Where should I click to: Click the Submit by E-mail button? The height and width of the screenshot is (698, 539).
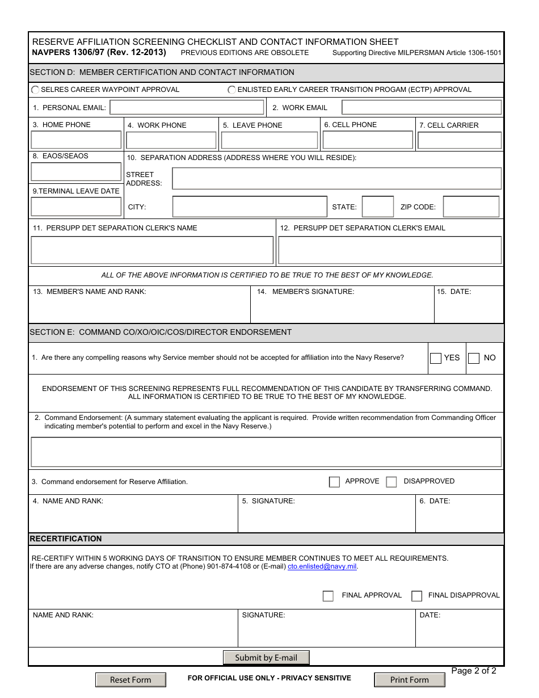pos(266,658)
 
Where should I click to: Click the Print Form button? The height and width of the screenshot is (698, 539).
pos(409,680)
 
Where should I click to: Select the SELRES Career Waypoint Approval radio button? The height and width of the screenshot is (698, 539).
pos(36,90)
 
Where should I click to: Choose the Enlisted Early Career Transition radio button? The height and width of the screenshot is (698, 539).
pos(231,90)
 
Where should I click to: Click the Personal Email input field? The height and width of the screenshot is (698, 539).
pos(187,108)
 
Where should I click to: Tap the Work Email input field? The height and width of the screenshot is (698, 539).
pos(421,108)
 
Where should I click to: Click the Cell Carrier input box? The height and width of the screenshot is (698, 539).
pos(460,140)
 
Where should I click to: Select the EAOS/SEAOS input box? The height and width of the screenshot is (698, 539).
pos(76,171)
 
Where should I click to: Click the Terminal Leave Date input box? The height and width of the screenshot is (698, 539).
pos(76,207)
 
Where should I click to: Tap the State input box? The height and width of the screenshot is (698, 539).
pos(377,207)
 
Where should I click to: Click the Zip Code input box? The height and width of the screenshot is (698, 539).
pos(471,207)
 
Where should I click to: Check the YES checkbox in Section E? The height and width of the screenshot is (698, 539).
pos(436,358)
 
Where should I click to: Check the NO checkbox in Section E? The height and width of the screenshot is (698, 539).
pos(474,358)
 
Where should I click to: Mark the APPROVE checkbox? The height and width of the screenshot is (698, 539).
pos(334,482)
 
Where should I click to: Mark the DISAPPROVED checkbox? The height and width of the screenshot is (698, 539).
pos(391,482)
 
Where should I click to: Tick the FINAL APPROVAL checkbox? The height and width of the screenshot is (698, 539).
pos(328,596)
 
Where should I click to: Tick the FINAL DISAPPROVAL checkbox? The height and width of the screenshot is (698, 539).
pos(417,596)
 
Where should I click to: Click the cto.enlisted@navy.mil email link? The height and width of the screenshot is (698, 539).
pos(322,566)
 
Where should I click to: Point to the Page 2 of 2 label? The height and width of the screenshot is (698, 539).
pos(473,671)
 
